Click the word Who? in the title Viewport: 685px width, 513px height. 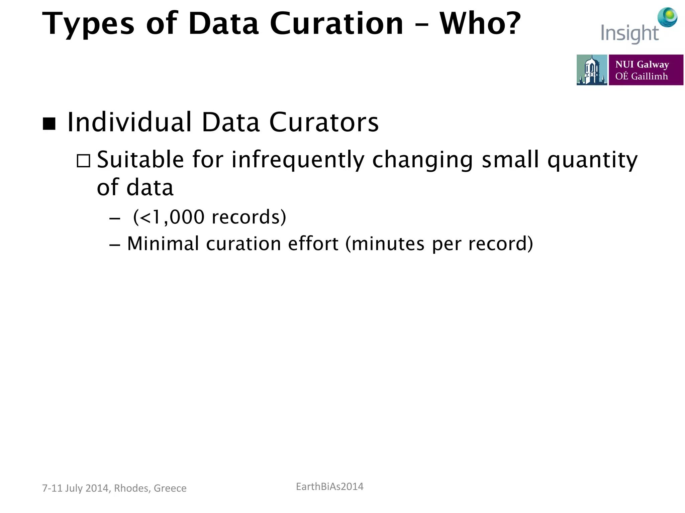(x=480, y=23)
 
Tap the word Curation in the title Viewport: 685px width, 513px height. (x=336, y=23)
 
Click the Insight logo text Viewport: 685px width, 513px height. (x=629, y=33)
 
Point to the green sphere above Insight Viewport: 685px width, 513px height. (x=668, y=17)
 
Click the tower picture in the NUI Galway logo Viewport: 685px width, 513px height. (x=591, y=70)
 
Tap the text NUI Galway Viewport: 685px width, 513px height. (x=642, y=64)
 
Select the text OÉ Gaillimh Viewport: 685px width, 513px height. (x=641, y=76)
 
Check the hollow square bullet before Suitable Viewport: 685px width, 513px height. (x=83, y=161)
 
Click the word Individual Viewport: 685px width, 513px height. (x=129, y=122)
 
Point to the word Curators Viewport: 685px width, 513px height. (x=324, y=122)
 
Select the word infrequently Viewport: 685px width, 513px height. (x=298, y=160)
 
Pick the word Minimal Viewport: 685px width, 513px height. (x=163, y=243)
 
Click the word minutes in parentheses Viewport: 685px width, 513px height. (x=388, y=244)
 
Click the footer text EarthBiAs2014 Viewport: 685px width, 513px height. (x=329, y=487)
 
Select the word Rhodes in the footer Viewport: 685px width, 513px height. (x=132, y=488)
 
